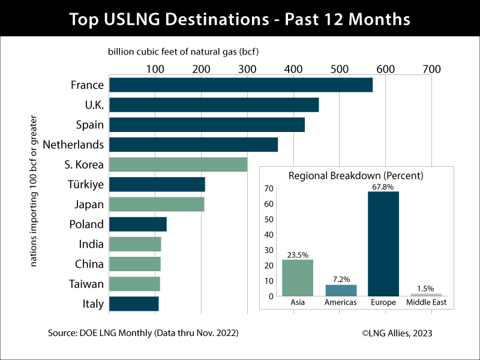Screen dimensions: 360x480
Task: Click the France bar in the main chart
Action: click(240, 85)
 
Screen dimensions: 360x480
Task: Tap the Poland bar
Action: click(137, 224)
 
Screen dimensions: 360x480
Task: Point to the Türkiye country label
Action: click(84, 184)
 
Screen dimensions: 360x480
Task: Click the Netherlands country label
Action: click(73, 145)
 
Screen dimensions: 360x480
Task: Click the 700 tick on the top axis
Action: click(431, 69)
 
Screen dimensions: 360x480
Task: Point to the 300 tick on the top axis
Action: click(247, 69)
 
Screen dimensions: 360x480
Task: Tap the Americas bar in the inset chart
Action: click(341, 290)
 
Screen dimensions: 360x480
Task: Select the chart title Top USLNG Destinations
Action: click(240, 19)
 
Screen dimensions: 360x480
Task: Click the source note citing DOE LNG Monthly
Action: click(142, 332)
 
